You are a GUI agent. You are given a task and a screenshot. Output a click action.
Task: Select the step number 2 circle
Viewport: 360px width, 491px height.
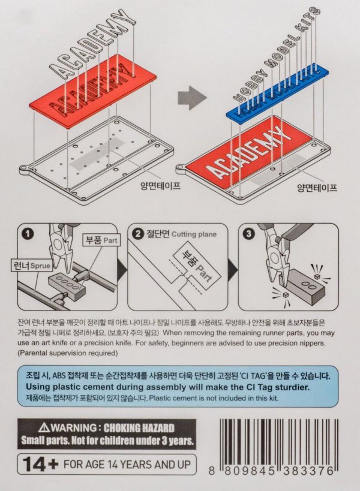(138, 234)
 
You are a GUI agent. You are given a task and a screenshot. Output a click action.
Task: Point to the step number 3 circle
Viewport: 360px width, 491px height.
(249, 234)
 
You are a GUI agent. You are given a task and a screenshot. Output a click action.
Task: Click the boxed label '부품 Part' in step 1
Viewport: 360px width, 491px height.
(101, 240)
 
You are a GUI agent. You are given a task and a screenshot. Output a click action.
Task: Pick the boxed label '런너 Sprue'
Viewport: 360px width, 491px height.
(31, 266)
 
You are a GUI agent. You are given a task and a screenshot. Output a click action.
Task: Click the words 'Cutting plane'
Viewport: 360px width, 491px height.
(194, 234)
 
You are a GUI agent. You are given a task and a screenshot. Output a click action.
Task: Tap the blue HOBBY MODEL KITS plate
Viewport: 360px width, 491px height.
(277, 95)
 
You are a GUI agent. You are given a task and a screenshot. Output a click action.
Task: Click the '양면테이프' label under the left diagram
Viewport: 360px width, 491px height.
(160, 186)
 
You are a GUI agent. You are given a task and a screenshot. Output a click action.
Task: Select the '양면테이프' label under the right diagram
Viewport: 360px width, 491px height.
(317, 188)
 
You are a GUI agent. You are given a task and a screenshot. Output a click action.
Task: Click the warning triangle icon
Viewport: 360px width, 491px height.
(44, 427)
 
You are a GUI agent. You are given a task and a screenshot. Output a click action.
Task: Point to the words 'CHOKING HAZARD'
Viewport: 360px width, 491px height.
(139, 427)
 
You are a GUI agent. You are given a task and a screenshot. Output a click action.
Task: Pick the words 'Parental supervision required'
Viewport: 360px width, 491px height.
(67, 353)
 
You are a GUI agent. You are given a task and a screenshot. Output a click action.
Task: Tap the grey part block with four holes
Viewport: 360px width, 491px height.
(67, 287)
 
